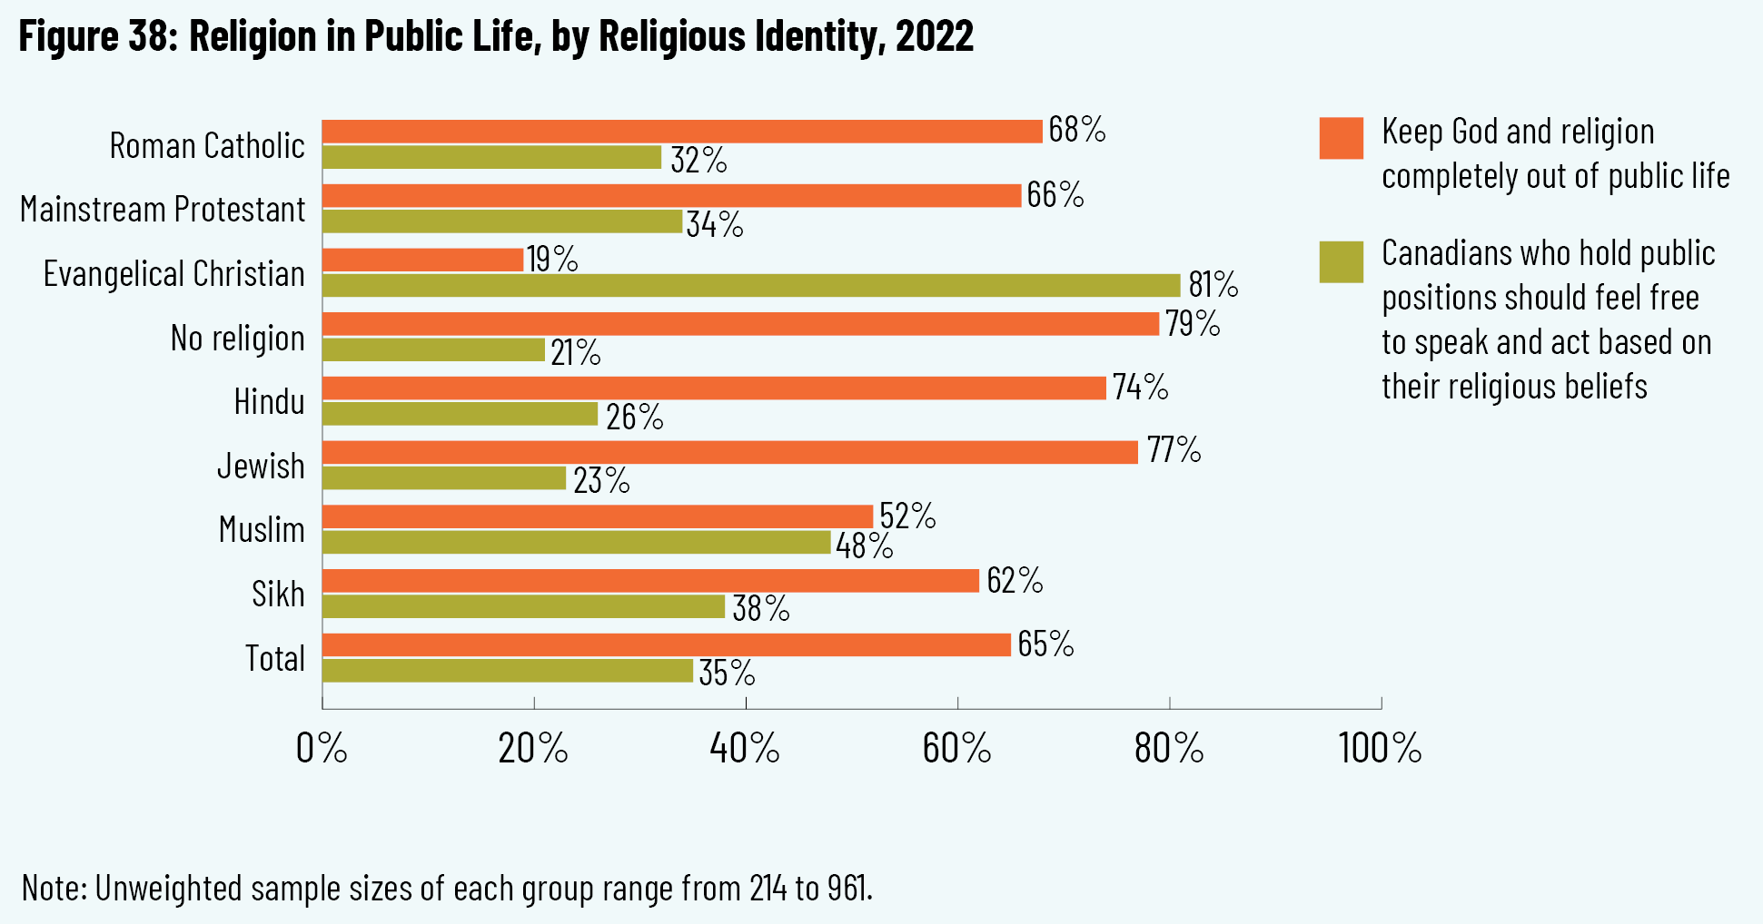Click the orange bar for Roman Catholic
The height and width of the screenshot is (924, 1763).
tap(681, 132)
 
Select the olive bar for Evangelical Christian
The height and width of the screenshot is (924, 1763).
tap(750, 285)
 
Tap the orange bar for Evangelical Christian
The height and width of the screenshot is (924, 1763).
tap(422, 260)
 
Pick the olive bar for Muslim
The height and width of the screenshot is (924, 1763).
tap(576, 543)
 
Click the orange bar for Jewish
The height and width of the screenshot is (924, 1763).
tap(729, 452)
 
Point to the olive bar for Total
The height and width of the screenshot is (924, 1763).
tap(507, 671)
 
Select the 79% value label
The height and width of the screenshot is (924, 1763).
tap(1193, 324)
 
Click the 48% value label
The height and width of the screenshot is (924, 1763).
tap(864, 546)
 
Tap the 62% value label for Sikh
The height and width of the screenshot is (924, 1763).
tap(1015, 581)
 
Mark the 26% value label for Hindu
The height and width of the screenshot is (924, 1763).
tap(634, 418)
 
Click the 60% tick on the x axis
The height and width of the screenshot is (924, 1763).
tap(957, 703)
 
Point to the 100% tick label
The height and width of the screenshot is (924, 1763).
tap(1380, 749)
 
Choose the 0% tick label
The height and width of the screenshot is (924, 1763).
tap(322, 749)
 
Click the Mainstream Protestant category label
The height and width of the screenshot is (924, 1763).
tap(163, 210)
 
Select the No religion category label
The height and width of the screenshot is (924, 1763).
tap(237, 339)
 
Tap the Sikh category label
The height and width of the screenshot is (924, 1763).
tap(278, 595)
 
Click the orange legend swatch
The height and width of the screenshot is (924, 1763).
tap(1341, 138)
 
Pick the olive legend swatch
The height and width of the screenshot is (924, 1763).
tap(1341, 261)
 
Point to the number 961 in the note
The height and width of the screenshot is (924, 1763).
tap(847, 889)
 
